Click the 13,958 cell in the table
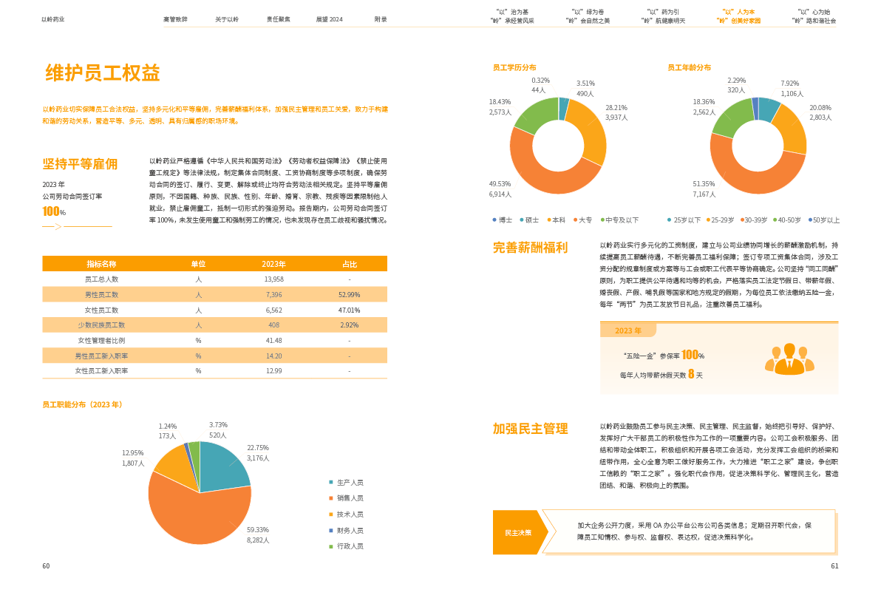[273, 279]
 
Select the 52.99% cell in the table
[349, 295]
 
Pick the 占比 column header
[349, 264]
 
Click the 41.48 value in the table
[273, 340]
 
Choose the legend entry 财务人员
[349, 531]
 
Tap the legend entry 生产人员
[349, 482]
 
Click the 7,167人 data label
[704, 194]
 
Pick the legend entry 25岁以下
[684, 220]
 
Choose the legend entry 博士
[503, 220]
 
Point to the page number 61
[834, 566]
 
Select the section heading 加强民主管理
[530, 429]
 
